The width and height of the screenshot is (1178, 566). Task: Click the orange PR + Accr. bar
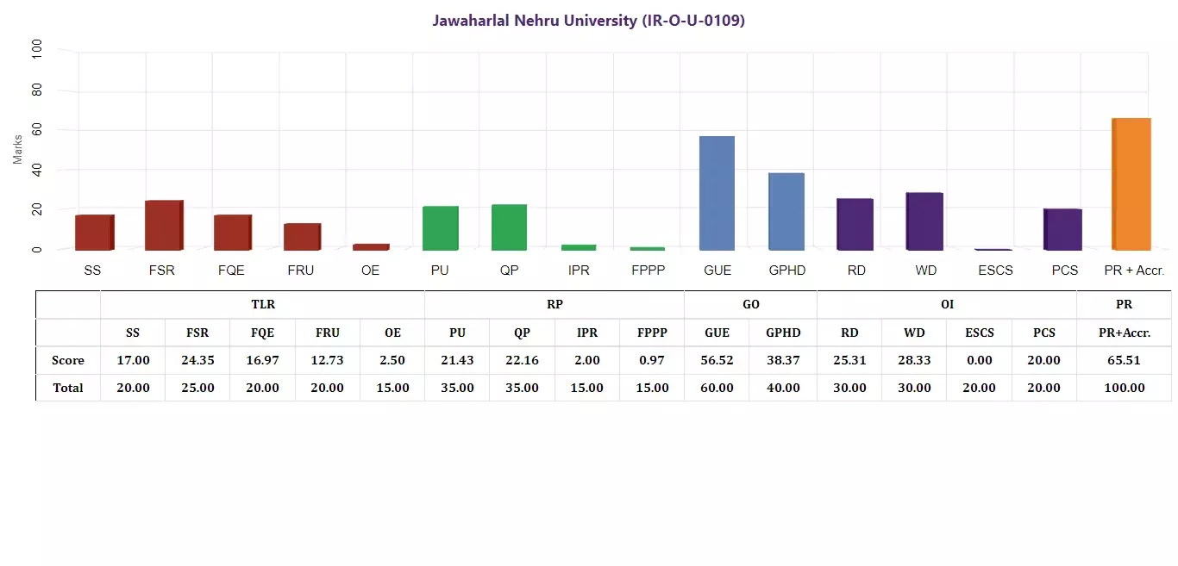pyautogui.click(x=1131, y=184)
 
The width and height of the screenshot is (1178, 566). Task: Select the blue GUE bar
pyautogui.click(x=717, y=193)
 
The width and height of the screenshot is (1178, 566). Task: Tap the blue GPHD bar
pyautogui.click(x=786, y=212)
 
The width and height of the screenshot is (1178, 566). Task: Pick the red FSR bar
pyautogui.click(x=163, y=226)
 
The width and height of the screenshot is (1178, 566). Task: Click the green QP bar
pyautogui.click(x=509, y=227)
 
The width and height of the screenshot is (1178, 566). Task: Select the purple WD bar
pyautogui.click(x=924, y=221)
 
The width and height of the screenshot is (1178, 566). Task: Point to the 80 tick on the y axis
pyautogui.click(x=36, y=90)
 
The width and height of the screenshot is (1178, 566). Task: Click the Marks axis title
pyautogui.click(x=18, y=148)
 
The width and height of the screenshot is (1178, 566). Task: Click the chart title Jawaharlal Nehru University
pyautogui.click(x=588, y=21)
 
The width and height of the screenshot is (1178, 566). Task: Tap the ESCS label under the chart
pyautogui.click(x=995, y=271)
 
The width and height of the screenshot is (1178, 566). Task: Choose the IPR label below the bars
pyautogui.click(x=579, y=271)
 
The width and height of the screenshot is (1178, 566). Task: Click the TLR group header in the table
pyautogui.click(x=262, y=304)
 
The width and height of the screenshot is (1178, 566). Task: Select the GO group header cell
pyautogui.click(x=750, y=304)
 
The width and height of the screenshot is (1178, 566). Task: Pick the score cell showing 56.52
pyautogui.click(x=716, y=360)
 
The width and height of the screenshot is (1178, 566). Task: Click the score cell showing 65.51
pyautogui.click(x=1124, y=360)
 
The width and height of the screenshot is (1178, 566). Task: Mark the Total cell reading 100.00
pyautogui.click(x=1124, y=388)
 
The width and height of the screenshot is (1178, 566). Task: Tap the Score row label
pyautogui.click(x=68, y=360)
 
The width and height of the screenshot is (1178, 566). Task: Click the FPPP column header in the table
pyautogui.click(x=651, y=333)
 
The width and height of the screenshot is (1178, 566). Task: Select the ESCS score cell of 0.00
pyautogui.click(x=979, y=360)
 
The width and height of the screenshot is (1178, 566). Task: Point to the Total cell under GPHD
pyautogui.click(x=782, y=388)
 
